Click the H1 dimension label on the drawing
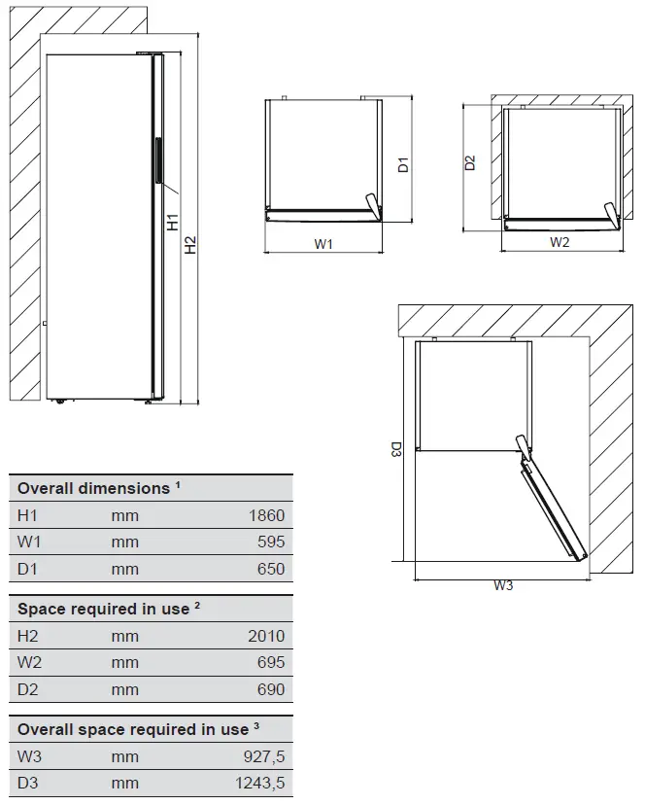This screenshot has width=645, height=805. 173,222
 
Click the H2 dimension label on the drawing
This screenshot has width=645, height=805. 191,245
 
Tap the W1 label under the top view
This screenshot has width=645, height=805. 323,244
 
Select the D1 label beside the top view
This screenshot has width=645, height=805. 403,164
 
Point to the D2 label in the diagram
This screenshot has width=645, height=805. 470,162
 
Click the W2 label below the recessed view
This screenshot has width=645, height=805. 559,242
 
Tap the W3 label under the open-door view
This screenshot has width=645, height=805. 502,585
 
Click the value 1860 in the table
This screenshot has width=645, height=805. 266,515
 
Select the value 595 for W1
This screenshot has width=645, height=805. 271,542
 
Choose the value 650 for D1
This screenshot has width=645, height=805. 271,570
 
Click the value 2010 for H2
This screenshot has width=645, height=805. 266,636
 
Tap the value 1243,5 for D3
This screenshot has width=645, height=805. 258,784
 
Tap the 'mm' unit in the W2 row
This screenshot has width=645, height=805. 124,663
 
